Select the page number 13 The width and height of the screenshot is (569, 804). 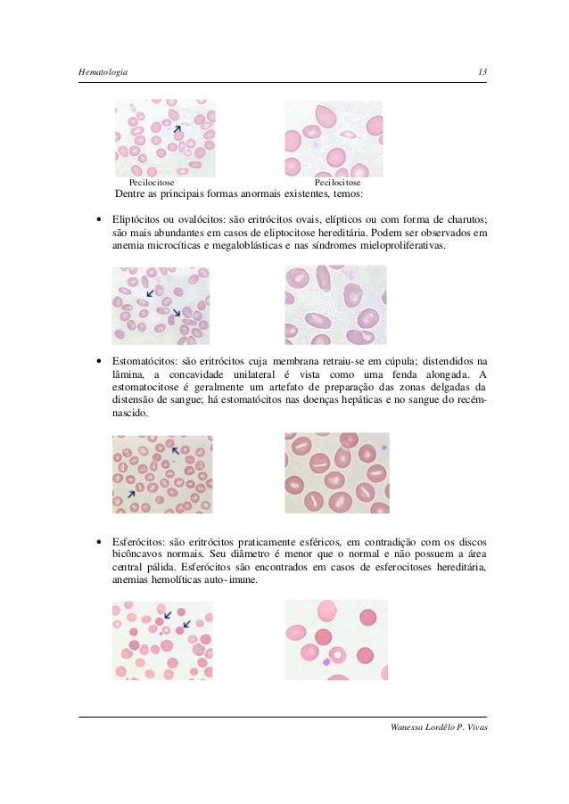[x=482, y=71]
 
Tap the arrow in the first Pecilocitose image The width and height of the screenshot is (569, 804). [x=177, y=129]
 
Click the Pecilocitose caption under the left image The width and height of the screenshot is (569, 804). [x=153, y=182]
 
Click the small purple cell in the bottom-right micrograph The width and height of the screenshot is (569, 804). [x=327, y=661]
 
